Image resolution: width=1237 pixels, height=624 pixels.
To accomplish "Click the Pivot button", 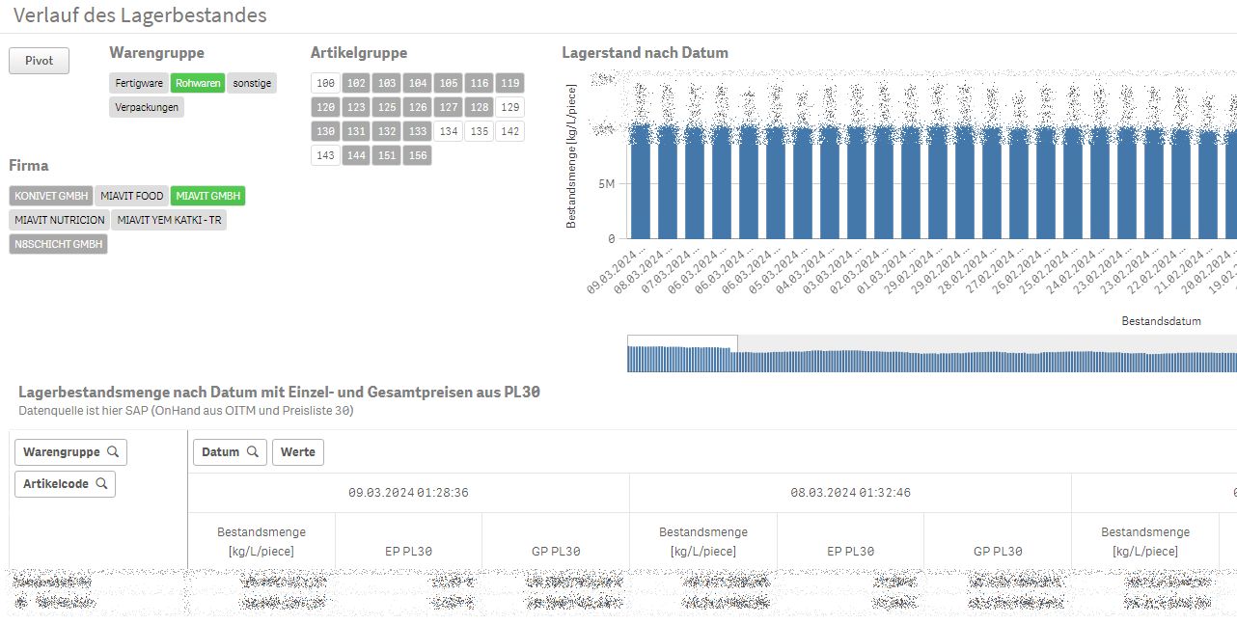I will pyautogui.click(x=40, y=61).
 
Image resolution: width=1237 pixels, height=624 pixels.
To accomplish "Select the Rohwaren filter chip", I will pyautogui.click(x=198, y=83).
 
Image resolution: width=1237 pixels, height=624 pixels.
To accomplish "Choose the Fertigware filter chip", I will pyautogui.click(x=139, y=83).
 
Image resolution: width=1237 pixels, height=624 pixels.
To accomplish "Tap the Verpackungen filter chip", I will pyautogui.click(x=147, y=107).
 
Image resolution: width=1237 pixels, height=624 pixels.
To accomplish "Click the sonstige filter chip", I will pyautogui.click(x=252, y=83).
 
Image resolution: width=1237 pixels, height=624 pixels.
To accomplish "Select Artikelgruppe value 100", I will pyautogui.click(x=325, y=83).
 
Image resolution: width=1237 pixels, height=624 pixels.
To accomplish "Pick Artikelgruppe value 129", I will pyautogui.click(x=510, y=107).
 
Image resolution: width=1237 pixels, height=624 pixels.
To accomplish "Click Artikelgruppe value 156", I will pyautogui.click(x=418, y=155).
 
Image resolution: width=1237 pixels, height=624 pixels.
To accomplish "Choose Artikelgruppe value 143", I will pyautogui.click(x=325, y=155).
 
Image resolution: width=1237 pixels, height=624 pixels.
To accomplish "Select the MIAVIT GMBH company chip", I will pyautogui.click(x=207, y=196).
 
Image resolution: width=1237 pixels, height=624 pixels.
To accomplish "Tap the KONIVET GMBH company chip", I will pyautogui.click(x=51, y=196).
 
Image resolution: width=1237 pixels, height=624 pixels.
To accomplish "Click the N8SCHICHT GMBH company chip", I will pyautogui.click(x=58, y=244).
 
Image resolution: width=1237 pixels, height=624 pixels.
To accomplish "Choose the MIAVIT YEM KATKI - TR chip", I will pyautogui.click(x=169, y=220).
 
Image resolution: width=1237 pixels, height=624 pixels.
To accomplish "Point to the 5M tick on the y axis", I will pyautogui.click(x=606, y=183).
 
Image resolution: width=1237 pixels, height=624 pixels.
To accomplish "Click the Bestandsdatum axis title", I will pyautogui.click(x=1161, y=320).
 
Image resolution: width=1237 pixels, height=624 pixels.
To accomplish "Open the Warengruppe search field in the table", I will pyautogui.click(x=70, y=451).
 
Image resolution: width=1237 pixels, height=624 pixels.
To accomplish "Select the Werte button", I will pyautogui.click(x=298, y=451).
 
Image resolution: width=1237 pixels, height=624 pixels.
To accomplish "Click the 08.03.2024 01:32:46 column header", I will pyautogui.click(x=850, y=492).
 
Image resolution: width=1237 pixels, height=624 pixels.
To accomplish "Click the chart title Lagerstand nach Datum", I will pyautogui.click(x=645, y=53).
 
